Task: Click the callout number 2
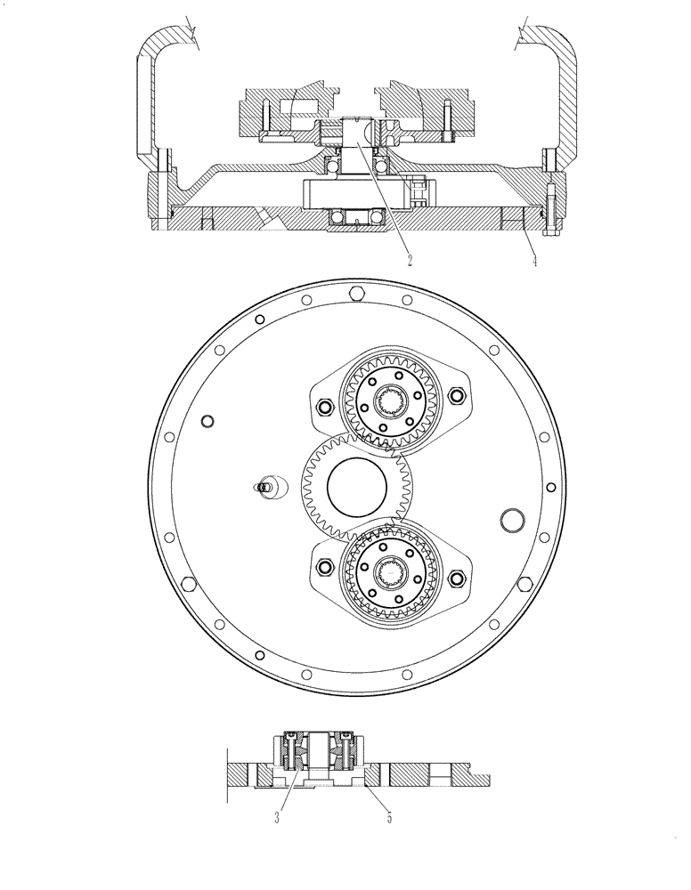pyautogui.click(x=409, y=261)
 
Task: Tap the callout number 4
pyautogui.click(x=534, y=261)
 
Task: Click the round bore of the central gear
pyautogui.click(x=358, y=487)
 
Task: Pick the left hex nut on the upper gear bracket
pyautogui.click(x=323, y=407)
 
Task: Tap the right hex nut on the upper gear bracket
pyautogui.click(x=458, y=395)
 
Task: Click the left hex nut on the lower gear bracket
pyautogui.click(x=323, y=566)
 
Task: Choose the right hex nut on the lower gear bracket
pyautogui.click(x=458, y=579)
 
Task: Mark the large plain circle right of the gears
pyautogui.click(x=514, y=518)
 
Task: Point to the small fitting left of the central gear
pyautogui.click(x=264, y=487)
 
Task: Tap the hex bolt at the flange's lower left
pyautogui.click(x=188, y=583)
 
